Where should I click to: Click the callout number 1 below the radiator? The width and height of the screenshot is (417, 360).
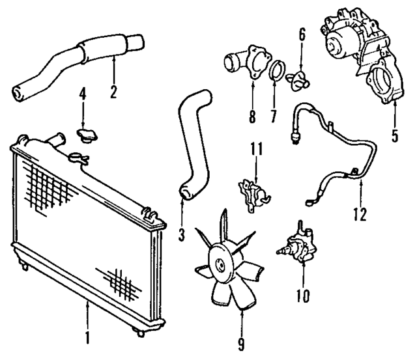tap(87, 339)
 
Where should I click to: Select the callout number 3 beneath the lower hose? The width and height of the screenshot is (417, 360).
tap(181, 230)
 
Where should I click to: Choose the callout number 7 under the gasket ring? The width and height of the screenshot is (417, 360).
tap(273, 117)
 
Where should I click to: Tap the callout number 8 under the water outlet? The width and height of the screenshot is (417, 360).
tap(252, 117)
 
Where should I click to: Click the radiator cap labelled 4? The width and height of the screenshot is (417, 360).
tap(85, 135)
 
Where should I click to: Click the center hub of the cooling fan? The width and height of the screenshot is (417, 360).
tap(222, 265)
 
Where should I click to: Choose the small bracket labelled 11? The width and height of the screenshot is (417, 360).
tap(253, 193)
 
